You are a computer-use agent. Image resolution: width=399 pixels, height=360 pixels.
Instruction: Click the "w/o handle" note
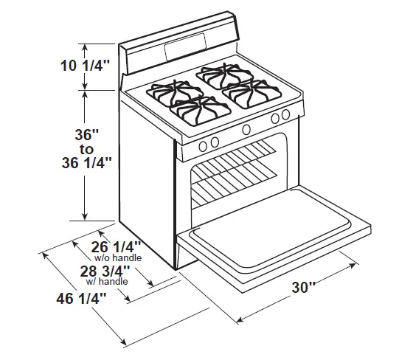118,258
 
